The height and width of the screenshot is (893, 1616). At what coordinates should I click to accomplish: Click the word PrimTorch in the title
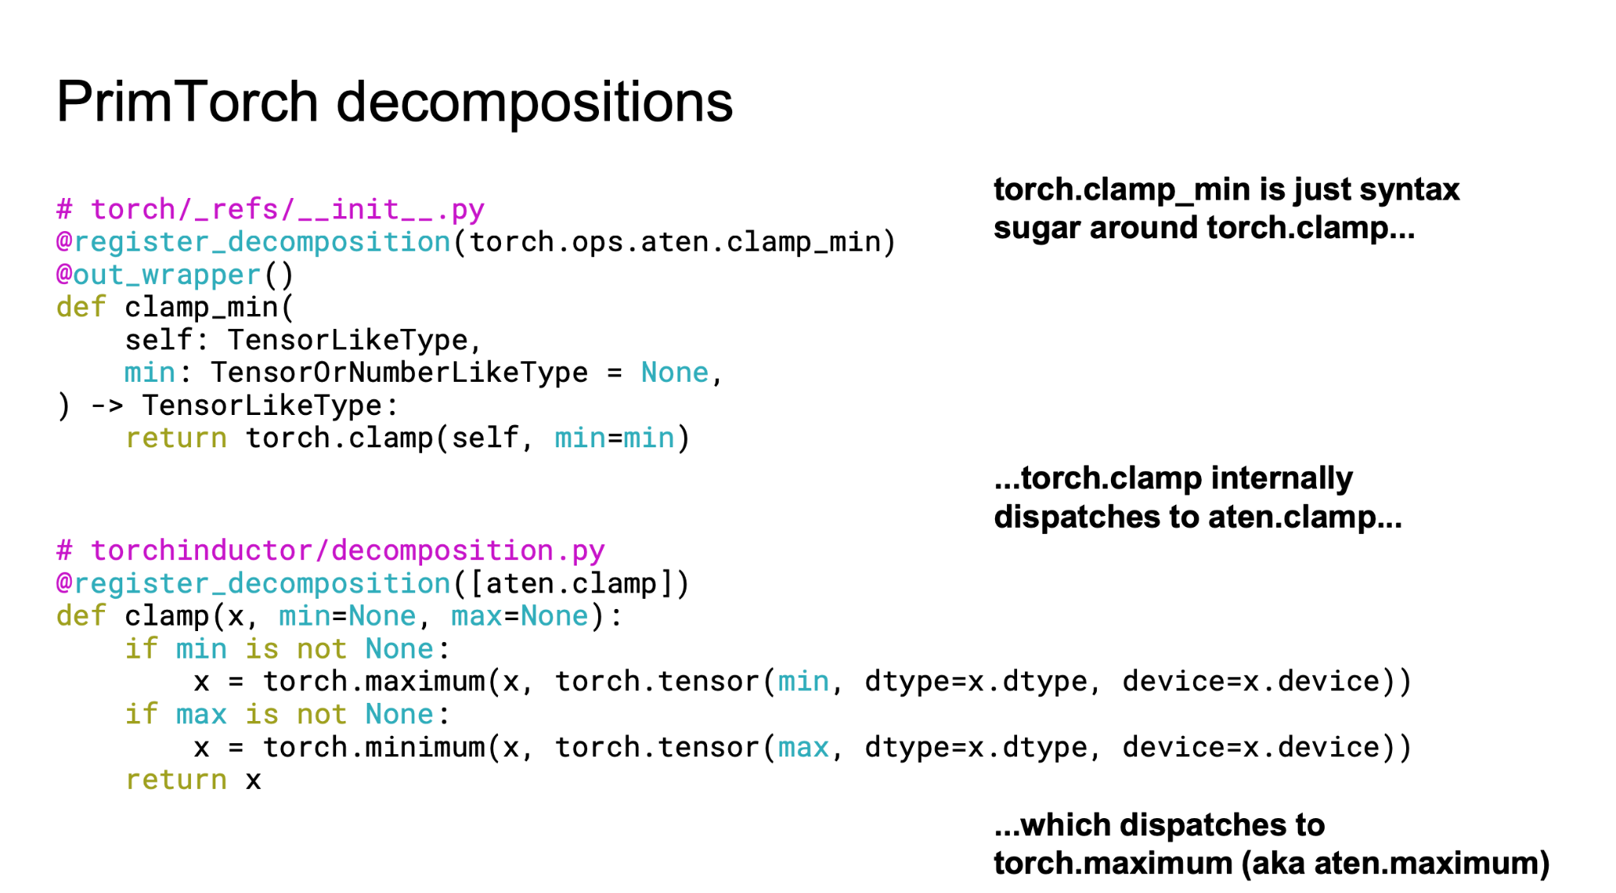(186, 103)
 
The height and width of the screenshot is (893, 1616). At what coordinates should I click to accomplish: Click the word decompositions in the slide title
(534, 103)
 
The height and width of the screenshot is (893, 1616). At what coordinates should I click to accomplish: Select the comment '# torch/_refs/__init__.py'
(270, 209)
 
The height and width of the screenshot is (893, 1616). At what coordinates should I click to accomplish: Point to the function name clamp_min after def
(201, 307)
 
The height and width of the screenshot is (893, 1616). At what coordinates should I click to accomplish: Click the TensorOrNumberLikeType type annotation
(398, 372)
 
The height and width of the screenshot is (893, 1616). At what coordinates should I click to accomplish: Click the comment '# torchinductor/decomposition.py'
(330, 550)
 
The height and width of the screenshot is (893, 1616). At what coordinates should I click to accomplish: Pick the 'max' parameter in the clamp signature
(476, 615)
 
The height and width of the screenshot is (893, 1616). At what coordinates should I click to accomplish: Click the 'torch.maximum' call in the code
(373, 681)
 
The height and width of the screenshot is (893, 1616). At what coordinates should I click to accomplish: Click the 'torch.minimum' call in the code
(373, 746)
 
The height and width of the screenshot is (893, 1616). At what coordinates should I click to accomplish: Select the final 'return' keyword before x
(176, 779)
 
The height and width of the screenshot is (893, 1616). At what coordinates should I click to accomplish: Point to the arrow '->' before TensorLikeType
(107, 405)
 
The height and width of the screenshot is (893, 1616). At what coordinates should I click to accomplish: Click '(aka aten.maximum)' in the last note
(1395, 863)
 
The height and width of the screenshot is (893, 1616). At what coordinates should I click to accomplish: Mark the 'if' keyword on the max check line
(141, 714)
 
